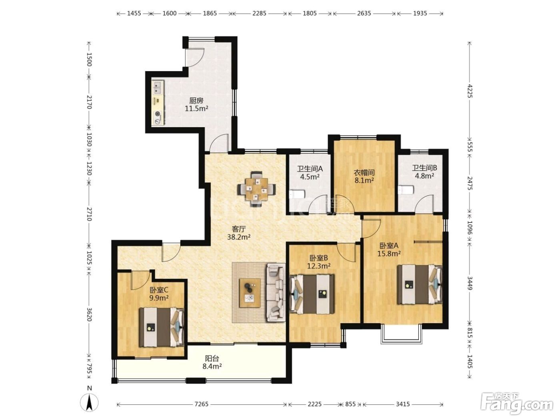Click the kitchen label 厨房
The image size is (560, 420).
(x=196, y=101)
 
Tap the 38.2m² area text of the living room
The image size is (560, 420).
(x=238, y=237)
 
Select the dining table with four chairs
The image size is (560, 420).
(x=257, y=189)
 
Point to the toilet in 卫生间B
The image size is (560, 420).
(x=406, y=190)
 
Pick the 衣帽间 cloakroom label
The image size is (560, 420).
(x=364, y=173)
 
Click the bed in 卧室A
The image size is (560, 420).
(x=420, y=284)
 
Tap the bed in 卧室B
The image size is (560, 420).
(x=312, y=294)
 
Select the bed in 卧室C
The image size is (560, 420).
(x=162, y=327)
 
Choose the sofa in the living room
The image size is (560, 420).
(x=276, y=292)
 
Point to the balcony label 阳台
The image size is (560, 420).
(x=212, y=358)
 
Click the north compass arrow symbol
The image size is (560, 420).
(x=89, y=403)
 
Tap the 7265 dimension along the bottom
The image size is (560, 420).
(x=202, y=404)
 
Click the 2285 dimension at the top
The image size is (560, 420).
(x=259, y=13)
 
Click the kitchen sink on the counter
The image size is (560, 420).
(x=157, y=88)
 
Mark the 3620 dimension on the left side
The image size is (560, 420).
(x=89, y=314)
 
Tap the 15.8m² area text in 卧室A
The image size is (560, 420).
(x=389, y=254)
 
